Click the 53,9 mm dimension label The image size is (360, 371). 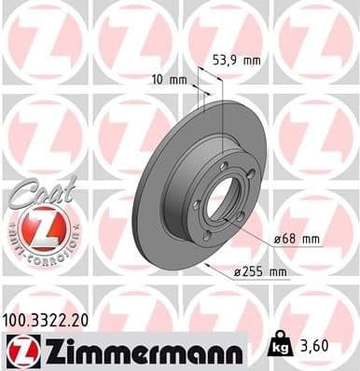pos(232,60)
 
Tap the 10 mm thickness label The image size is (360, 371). pos(168,79)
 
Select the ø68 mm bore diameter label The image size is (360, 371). pos(297,240)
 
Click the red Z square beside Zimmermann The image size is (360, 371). pos(19,350)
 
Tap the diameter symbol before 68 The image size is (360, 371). pos(278,240)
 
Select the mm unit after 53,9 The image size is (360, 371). pos(250,60)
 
